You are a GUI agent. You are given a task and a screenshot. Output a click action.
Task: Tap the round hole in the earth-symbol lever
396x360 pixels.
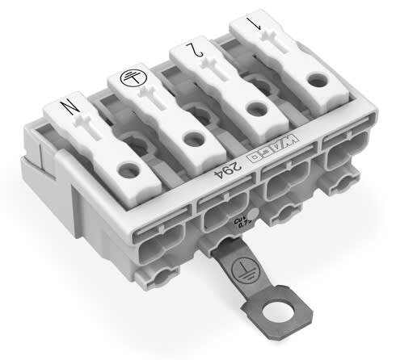[x=192, y=139]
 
